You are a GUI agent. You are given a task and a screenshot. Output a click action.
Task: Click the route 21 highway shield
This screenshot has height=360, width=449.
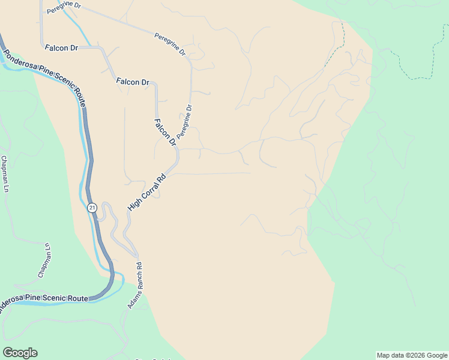pos(91,208)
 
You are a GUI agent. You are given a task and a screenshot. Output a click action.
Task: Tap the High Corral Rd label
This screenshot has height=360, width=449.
pos(146,193)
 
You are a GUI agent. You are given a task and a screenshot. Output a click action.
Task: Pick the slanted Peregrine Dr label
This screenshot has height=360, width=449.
pos(170,44)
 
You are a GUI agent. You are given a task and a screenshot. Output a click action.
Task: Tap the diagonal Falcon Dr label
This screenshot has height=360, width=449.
pos(164,133)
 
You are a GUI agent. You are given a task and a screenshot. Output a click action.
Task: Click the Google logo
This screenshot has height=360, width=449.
pos(20,353)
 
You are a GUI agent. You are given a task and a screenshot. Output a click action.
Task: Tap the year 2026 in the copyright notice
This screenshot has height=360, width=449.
pos(418,355)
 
